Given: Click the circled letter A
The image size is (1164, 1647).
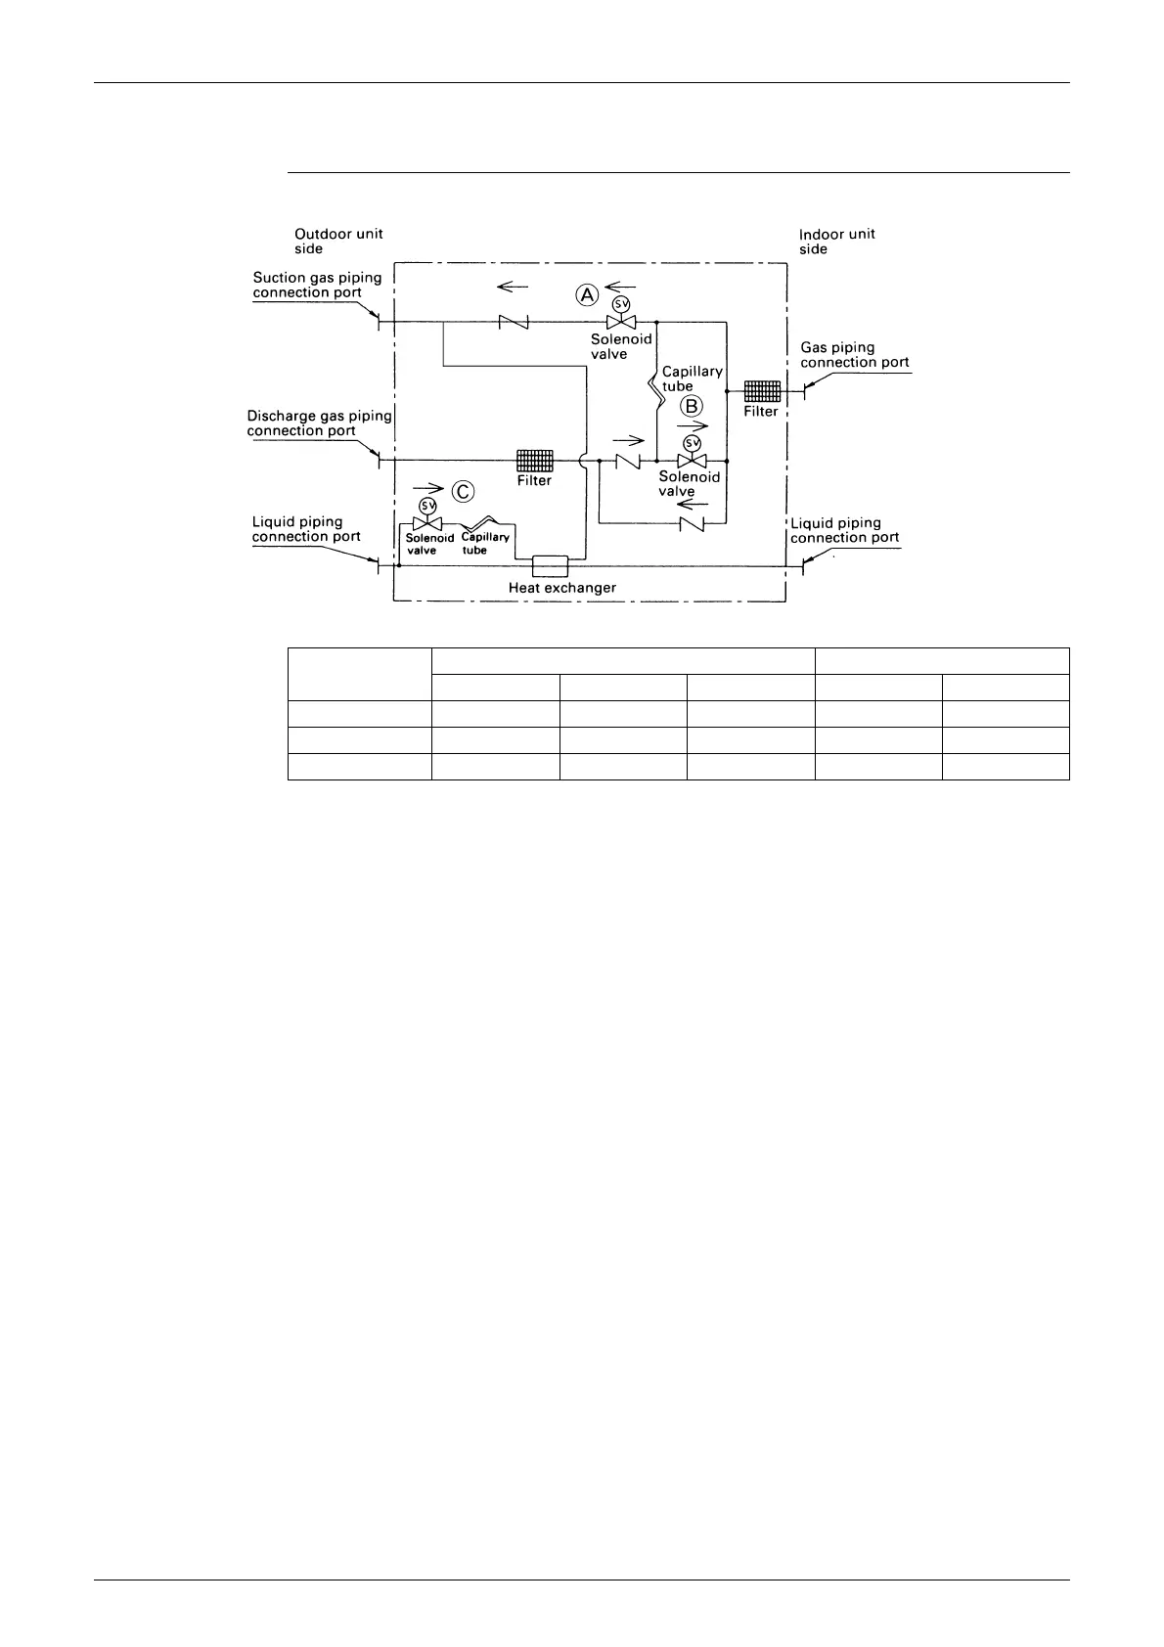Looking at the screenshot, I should [x=587, y=293].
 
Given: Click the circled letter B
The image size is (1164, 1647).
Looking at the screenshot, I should [x=692, y=404].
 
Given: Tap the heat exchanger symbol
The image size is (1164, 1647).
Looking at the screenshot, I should [x=550, y=565].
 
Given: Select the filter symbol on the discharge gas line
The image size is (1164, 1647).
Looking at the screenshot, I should [x=535, y=460].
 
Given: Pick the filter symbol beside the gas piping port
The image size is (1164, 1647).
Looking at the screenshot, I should [x=761, y=390].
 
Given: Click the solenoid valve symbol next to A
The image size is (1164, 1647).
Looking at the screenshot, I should [x=620, y=322].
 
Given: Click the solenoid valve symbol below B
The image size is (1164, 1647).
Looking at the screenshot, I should [x=692, y=461].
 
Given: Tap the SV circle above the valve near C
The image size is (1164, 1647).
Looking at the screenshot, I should [x=427, y=506].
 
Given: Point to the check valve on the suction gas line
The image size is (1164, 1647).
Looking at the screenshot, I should [x=513, y=322].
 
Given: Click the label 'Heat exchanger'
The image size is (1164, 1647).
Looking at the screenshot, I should [x=561, y=588].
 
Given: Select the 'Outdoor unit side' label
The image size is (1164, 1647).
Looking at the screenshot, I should [x=338, y=241].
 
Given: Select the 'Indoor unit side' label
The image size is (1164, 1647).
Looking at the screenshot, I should [x=836, y=241].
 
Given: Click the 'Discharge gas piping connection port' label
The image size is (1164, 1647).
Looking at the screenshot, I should [x=318, y=423].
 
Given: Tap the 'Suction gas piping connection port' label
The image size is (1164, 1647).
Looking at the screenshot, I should [x=317, y=285].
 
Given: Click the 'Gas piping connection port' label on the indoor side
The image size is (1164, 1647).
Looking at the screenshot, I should [x=854, y=354].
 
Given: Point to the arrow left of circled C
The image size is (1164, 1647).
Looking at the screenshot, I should [x=428, y=487].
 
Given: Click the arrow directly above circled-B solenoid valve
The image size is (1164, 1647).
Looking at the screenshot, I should [x=693, y=426].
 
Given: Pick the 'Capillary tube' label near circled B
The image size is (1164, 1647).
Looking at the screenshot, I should [x=692, y=378].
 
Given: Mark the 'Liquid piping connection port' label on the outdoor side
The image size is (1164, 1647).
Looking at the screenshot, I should [x=306, y=529].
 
